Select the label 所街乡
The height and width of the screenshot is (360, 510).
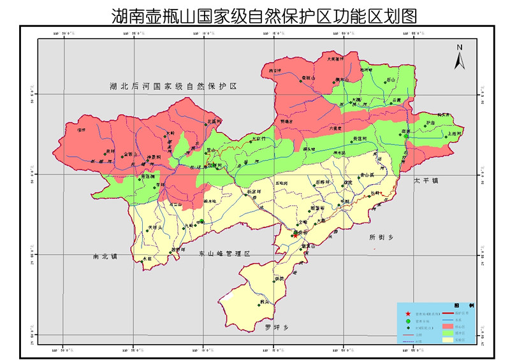(x=382, y=237)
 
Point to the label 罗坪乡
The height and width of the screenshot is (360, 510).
(x=277, y=327)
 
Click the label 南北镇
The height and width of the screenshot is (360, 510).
(x=105, y=257)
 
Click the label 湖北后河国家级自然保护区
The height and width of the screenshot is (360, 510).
(x=172, y=86)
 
